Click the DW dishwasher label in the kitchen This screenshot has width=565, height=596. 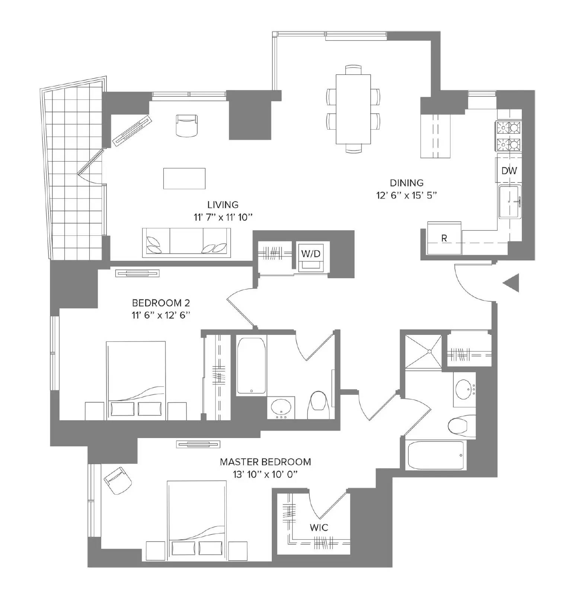pos(509,171)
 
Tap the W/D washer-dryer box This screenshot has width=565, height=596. pos(310,254)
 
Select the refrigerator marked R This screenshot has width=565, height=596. pos(444,238)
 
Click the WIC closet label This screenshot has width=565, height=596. pos(319,527)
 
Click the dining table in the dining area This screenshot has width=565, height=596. pos(353,109)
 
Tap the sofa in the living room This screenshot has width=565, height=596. pos(186,242)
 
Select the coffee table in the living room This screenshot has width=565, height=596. pos(184,178)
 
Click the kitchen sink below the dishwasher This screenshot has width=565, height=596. pos(510,202)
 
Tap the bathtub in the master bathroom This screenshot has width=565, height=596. pos(436,456)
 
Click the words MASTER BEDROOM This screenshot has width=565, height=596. pos(265,462)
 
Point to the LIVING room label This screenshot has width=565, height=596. pos(223,205)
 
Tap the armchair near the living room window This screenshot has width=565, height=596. pos(186,126)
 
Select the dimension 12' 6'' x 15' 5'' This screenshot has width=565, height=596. pos(406,195)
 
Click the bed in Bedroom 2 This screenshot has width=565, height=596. pos(136,380)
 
